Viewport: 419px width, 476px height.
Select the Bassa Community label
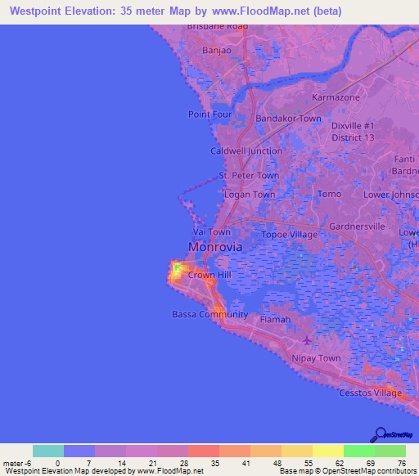point(209,315)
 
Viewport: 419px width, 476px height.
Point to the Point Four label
point(210,115)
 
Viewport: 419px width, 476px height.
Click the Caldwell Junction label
point(246,151)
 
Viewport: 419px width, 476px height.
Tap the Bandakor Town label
point(288,119)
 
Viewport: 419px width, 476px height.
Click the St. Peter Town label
point(249,176)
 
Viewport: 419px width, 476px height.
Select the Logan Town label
point(250,195)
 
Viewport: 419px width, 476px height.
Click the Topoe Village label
point(289,235)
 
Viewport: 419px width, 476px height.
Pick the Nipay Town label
point(316,358)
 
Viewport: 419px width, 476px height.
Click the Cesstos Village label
point(370,393)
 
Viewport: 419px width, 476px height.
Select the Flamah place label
point(275,320)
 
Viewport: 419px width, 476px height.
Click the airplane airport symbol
point(307,341)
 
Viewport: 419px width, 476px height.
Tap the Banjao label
point(217,51)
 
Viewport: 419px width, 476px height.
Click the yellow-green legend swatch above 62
point(327,451)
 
